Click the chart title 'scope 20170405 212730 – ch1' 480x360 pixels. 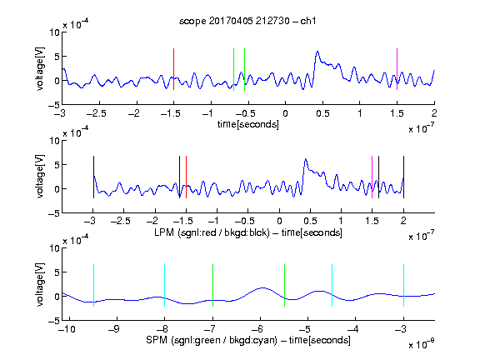(247, 21)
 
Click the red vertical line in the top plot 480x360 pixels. (173, 69)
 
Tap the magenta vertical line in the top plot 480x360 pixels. (397, 69)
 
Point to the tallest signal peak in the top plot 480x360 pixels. (317, 52)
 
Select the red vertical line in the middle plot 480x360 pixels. (186, 177)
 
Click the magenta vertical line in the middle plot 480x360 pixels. (372, 177)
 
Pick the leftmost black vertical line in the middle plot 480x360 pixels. (93, 177)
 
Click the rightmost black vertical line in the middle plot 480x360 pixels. (403, 177)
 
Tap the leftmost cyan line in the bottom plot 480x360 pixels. (93, 285)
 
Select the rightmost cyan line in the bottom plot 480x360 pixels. (403, 285)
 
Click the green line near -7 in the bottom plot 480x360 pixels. (212, 285)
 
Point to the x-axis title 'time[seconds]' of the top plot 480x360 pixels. (248, 124)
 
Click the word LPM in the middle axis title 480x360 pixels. (164, 232)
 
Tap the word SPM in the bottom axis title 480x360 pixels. (157, 340)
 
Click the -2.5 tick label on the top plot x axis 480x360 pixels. (97, 113)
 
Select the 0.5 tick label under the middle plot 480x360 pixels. (310, 221)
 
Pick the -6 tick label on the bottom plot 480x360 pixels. (257, 329)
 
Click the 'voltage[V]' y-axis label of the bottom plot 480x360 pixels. (40, 284)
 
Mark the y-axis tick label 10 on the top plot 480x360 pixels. (54, 32)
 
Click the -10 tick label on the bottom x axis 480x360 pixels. (67, 329)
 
